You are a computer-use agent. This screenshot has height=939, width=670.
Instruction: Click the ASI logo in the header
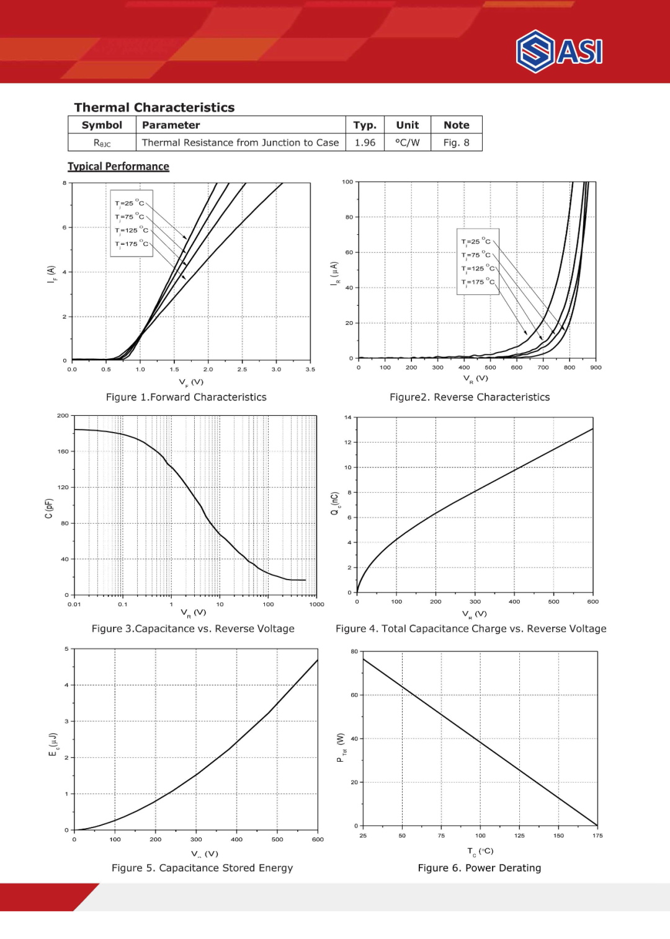pos(559,51)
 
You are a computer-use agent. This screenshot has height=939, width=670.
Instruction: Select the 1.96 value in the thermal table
pos(365,143)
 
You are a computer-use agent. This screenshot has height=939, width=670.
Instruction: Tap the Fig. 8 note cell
pos(456,143)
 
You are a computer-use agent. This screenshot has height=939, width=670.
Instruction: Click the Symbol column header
pos(102,125)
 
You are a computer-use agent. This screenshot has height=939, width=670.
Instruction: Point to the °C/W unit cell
pos(407,143)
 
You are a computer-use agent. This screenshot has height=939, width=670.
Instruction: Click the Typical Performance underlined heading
pos(118,167)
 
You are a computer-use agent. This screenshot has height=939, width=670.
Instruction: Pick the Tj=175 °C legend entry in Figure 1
pos(132,244)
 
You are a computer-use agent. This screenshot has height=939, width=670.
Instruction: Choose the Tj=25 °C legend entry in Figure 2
pos(475,242)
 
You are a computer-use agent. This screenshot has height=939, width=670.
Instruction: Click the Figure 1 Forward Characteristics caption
pos(186,397)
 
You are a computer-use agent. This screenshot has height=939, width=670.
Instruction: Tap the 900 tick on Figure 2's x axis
pos(596,368)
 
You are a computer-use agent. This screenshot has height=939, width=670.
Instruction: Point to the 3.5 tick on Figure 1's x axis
pos(310,369)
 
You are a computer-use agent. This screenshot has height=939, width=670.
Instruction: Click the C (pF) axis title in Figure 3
pos(48,508)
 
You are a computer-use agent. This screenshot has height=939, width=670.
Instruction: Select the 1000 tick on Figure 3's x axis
pos(317,604)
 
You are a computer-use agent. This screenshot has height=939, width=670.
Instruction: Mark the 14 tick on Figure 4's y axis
pos(347,417)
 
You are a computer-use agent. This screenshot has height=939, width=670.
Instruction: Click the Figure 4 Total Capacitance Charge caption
pos(471,628)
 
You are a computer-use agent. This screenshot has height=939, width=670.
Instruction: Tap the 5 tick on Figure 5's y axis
pos(66,649)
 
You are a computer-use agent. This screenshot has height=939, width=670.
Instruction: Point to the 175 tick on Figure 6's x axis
pos(597,835)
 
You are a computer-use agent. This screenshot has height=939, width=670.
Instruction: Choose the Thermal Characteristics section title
pos(154,107)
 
